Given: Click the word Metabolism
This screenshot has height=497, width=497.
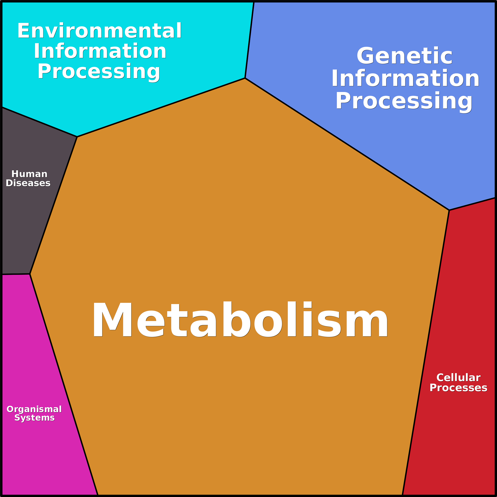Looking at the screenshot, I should pos(240,320).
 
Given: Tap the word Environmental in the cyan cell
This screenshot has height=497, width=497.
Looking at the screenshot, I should pos(100,31).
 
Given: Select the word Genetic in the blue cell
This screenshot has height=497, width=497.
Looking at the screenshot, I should pos(404,56).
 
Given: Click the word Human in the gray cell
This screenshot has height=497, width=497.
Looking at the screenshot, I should pos(29,174).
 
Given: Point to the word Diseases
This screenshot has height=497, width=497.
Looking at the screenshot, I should pos(28,183).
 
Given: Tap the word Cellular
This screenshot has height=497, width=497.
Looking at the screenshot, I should pos(458,378).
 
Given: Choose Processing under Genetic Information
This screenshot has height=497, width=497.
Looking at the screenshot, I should pos(404,101).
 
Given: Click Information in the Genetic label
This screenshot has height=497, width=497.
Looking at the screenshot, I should pos(405,79).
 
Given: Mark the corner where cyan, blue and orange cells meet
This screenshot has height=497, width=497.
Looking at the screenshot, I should pos(245,78).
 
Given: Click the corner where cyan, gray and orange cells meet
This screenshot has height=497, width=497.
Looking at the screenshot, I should pos(77,137).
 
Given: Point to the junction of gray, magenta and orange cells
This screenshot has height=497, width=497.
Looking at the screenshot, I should pos(30,274).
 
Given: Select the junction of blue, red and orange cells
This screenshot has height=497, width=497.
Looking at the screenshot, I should pos(449,210).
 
